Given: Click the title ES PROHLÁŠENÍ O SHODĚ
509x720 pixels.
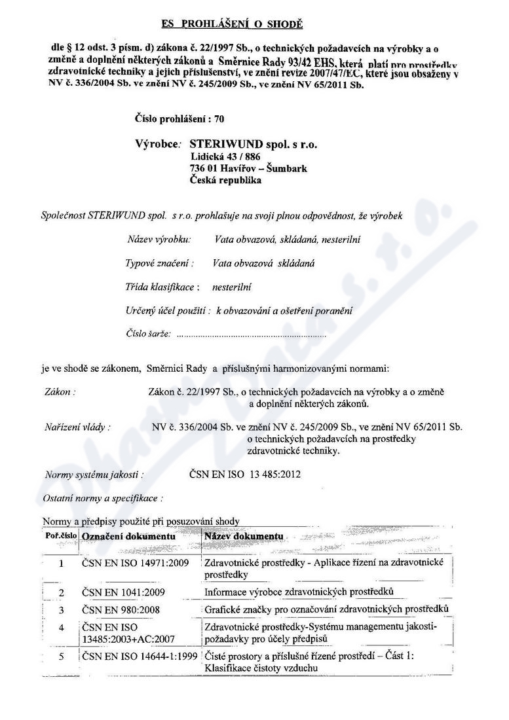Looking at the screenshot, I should pos(233,25).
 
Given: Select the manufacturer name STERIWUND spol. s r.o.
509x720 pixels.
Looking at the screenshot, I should pos(257,144).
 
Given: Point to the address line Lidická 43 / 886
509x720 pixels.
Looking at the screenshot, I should pos(226,157).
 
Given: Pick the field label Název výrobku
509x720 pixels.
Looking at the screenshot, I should pos(159,240).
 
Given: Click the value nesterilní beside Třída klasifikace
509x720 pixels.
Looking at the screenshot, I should pos(233,287).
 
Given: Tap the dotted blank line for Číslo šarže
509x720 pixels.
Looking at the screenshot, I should pos(252,334).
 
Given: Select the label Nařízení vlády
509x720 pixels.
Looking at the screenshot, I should pos(77,427).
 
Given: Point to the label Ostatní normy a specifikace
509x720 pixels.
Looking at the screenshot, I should pos(103,498).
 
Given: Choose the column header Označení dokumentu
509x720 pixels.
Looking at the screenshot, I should pos(128,536).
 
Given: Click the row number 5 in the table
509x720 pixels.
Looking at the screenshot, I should pos(60,657).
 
